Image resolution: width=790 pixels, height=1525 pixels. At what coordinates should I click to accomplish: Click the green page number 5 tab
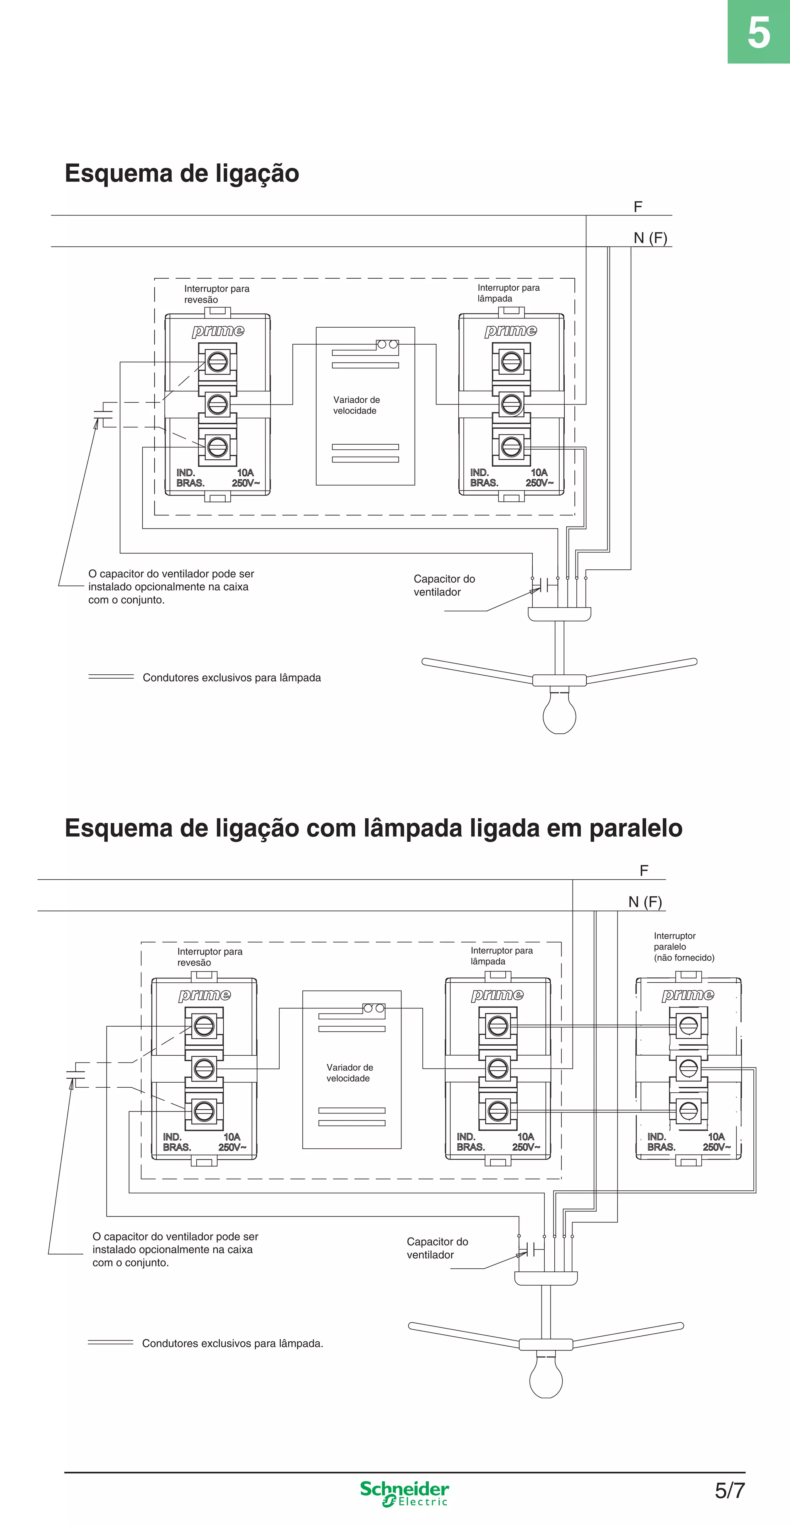tap(759, 32)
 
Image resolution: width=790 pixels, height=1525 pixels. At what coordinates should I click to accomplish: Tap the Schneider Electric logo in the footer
tap(404, 1493)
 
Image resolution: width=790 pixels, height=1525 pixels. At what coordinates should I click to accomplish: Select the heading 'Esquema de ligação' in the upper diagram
tap(182, 173)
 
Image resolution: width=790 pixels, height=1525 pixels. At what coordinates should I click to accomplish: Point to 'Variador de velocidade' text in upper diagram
tap(356, 405)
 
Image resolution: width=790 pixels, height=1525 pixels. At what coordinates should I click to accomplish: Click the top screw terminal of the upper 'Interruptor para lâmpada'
tap(511, 361)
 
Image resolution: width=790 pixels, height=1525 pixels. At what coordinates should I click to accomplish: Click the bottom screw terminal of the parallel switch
tap(688, 1111)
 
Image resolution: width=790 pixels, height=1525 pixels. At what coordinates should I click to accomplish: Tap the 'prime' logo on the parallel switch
tap(688, 995)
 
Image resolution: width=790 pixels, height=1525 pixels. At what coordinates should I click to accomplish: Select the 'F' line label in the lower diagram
tap(644, 870)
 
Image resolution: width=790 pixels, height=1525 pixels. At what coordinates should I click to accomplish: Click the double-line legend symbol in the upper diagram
tap(111, 677)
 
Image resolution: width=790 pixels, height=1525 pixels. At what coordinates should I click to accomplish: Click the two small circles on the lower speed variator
tap(374, 1007)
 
